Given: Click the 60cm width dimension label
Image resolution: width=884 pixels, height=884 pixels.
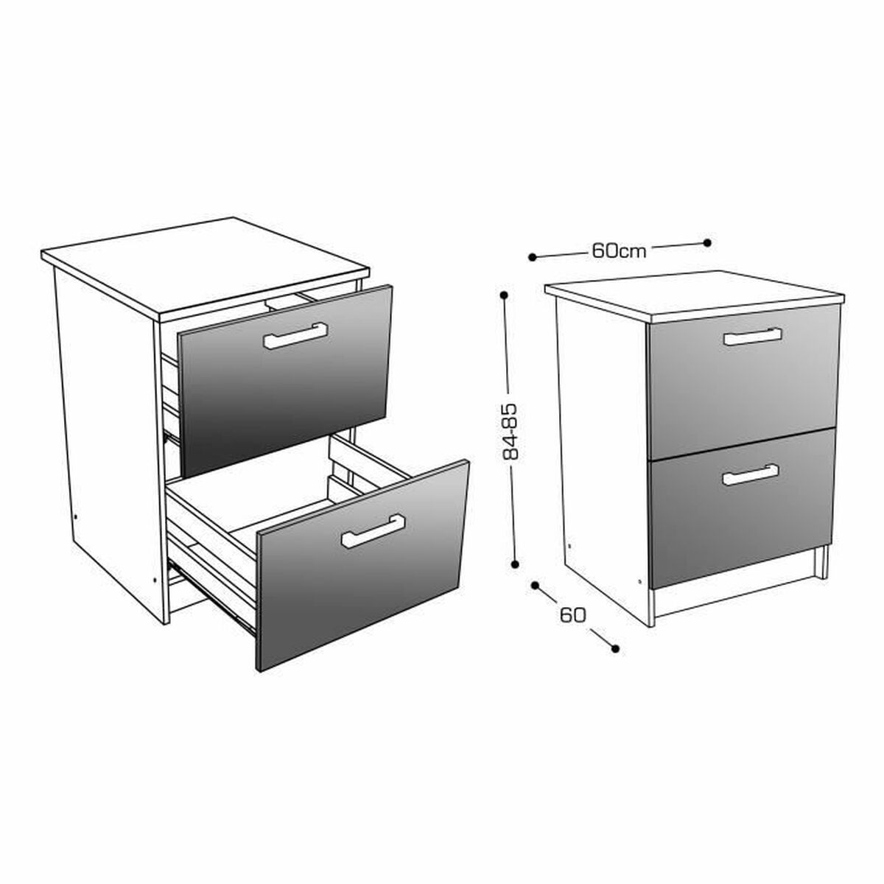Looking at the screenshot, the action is [x=618, y=250].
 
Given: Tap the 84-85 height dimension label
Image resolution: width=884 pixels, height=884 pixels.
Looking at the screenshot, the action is [x=510, y=431].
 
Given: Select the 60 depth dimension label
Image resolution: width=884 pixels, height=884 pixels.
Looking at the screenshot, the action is [x=572, y=615].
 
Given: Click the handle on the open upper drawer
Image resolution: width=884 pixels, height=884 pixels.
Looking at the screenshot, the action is [x=295, y=335].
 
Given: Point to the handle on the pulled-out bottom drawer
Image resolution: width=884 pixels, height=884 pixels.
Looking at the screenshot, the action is [x=373, y=531].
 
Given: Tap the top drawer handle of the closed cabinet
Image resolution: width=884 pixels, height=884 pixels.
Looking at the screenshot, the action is [x=752, y=337].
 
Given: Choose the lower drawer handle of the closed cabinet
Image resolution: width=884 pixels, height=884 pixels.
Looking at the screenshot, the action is [x=750, y=475].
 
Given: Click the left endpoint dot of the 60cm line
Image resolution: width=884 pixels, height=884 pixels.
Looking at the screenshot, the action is [x=532, y=257].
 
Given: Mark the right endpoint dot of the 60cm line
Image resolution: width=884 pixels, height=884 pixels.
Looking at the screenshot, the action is [x=707, y=242].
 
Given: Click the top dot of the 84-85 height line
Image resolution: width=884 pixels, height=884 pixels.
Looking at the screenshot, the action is [x=504, y=295].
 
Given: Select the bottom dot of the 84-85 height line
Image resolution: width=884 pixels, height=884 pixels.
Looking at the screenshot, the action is [x=515, y=564].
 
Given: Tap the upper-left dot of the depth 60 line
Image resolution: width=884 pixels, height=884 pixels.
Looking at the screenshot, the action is [x=534, y=586].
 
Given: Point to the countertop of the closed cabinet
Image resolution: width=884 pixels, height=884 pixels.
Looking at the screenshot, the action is [x=695, y=296].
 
